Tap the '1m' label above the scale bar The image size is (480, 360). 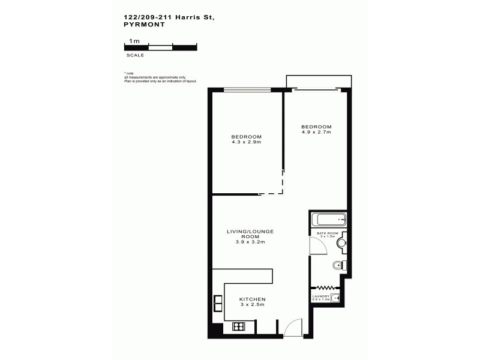[x=135, y=41]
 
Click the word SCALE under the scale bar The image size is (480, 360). [x=135, y=55]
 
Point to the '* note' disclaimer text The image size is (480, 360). [x=128, y=73]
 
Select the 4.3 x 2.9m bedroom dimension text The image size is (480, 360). [x=246, y=142]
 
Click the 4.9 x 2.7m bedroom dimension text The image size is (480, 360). [x=316, y=132]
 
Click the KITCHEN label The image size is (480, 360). [x=252, y=299]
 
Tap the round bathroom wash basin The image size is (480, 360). [x=341, y=243]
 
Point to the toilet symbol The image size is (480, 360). [x=339, y=265]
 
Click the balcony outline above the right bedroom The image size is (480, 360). [x=316, y=82]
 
